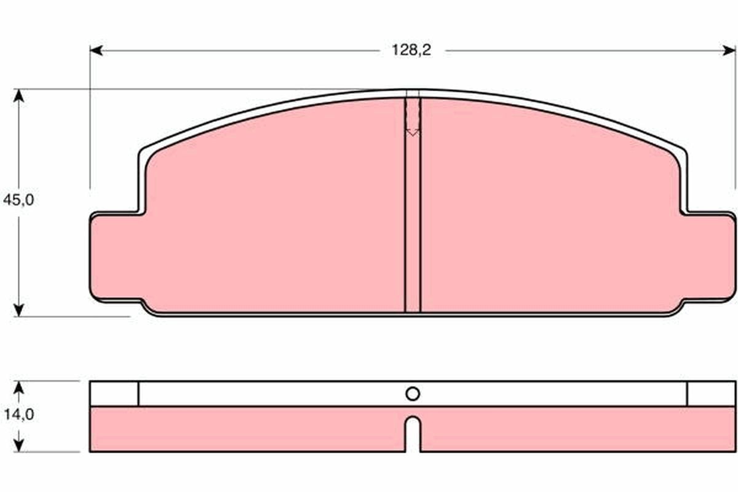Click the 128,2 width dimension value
(x=412, y=50)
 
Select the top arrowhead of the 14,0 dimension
(x=19, y=386)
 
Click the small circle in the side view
(x=413, y=394)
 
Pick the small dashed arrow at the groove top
(x=413, y=130)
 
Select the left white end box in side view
(x=114, y=394)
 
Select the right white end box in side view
(x=710, y=394)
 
